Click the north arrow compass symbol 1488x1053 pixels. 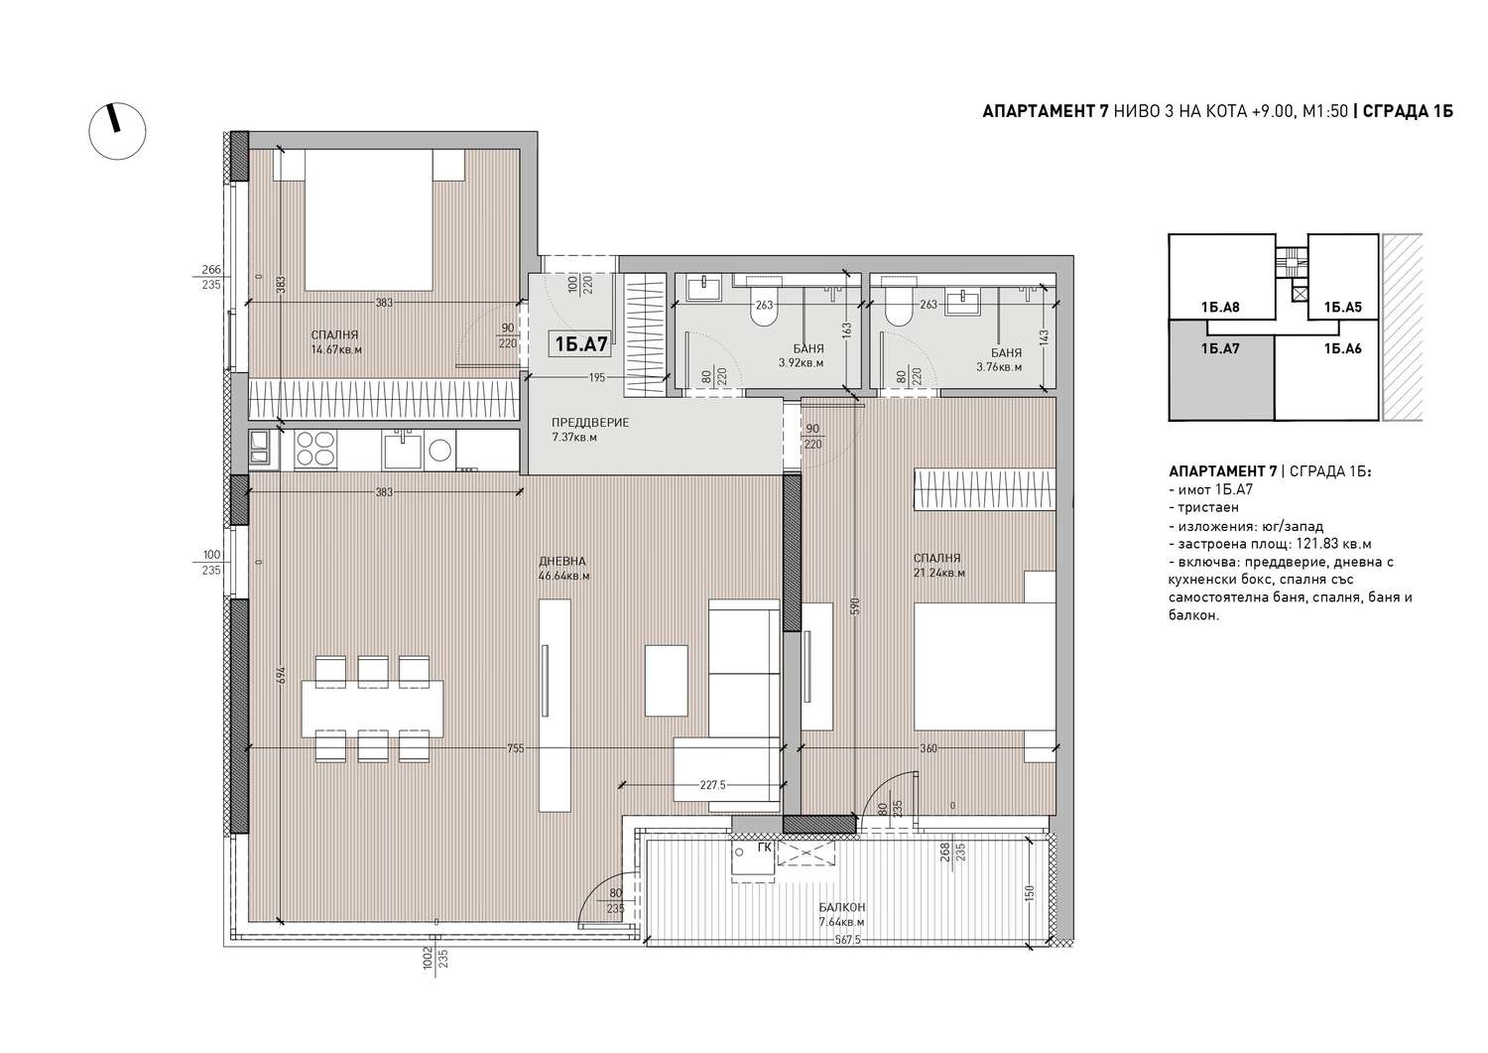point(117,131)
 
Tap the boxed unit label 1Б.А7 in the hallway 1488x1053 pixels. point(581,343)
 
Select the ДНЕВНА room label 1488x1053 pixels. point(562,561)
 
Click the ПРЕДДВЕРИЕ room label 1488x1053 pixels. point(590,422)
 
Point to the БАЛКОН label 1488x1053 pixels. point(841,907)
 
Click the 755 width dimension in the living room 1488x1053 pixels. point(516,748)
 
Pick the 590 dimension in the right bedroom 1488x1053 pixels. point(855,605)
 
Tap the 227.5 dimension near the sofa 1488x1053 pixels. point(713,785)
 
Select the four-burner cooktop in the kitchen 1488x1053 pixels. point(314,449)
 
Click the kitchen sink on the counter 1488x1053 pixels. point(401,450)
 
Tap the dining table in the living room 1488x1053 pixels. point(372,708)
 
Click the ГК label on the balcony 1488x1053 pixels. point(765,848)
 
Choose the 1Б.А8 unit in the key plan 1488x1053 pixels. point(1221,277)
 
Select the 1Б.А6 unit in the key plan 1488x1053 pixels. point(1326,377)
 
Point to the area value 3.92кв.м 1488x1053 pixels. point(801,363)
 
